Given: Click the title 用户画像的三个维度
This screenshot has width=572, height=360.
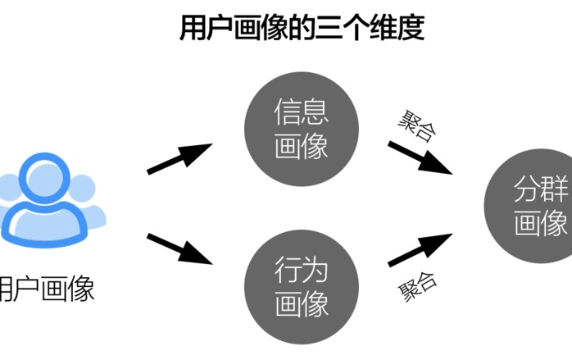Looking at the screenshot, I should tap(302, 29).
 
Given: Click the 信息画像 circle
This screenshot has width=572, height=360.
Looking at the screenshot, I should tap(302, 130).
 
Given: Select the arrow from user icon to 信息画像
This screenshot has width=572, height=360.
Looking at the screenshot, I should tap(180, 158).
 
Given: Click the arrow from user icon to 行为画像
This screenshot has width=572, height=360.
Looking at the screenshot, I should tap(180, 248).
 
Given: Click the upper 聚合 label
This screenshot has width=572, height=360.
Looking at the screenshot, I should tap(416, 125).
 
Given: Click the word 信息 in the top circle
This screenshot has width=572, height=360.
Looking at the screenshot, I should tap(302, 113).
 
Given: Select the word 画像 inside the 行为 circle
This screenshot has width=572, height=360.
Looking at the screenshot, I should tap(302, 304).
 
